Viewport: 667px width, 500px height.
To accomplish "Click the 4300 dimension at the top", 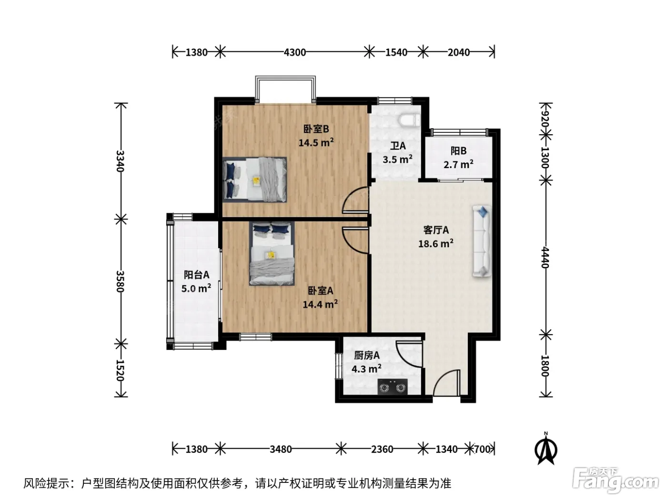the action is (x=295, y=52).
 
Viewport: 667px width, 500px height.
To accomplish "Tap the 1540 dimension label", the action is (x=396, y=52).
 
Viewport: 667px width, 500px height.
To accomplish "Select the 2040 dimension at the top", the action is (x=458, y=52).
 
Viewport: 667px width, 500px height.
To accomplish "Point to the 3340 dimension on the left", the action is (x=121, y=161).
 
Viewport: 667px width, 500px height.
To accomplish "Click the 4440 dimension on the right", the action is (x=545, y=257).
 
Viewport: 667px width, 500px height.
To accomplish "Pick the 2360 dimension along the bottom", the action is (x=382, y=449).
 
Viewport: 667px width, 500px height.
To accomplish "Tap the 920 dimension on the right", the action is (x=545, y=120).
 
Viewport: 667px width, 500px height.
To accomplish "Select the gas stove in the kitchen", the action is (x=393, y=387).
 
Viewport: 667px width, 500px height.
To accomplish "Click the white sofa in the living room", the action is (x=482, y=241).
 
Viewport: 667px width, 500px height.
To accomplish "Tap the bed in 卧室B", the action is (x=254, y=180).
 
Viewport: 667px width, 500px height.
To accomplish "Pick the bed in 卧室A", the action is (x=272, y=253).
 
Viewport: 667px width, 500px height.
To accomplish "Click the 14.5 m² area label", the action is (x=316, y=142).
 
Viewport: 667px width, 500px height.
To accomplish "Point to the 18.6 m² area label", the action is (x=436, y=243).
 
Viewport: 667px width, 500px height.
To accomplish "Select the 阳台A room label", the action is (x=196, y=275).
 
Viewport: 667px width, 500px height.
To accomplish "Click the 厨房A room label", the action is (x=367, y=355).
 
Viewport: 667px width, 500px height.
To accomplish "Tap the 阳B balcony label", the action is (x=458, y=150).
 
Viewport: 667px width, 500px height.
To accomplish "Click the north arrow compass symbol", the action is (x=546, y=449).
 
